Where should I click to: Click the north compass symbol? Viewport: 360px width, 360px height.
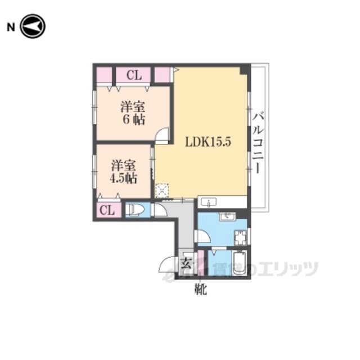point(33,26)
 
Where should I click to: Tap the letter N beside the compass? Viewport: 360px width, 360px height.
point(11,28)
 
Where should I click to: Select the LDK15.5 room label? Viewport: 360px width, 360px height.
point(208,142)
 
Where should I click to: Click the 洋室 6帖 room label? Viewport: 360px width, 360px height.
point(133,114)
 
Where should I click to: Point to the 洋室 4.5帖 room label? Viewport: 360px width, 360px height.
point(124,172)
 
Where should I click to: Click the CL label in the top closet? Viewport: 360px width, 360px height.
point(134,75)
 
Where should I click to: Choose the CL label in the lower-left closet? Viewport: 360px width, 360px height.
point(107,210)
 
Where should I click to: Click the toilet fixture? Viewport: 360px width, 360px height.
point(135,210)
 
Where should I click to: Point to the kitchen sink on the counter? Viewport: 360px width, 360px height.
point(209,202)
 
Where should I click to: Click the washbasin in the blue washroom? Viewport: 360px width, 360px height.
point(227,216)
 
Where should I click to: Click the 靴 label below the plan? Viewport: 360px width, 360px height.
point(201,289)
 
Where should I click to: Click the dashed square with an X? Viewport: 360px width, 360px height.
point(162,191)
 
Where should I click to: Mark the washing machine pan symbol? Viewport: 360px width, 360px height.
point(240,237)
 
